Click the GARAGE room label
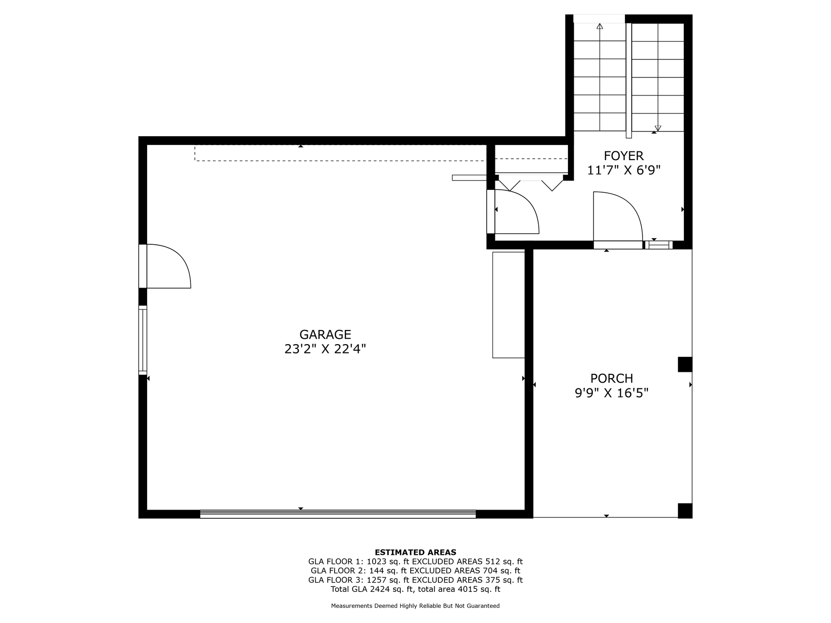(x=325, y=334)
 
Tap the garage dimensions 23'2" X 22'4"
(x=325, y=349)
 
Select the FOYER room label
(x=623, y=156)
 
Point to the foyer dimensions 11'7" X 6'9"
(x=623, y=170)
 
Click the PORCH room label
(x=611, y=378)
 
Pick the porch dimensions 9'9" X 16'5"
(x=611, y=393)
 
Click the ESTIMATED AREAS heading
(x=415, y=552)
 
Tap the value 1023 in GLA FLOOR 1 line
(x=377, y=562)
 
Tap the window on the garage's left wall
(x=143, y=340)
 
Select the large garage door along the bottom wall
(x=338, y=514)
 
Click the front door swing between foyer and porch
(x=618, y=217)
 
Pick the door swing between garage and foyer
(x=516, y=212)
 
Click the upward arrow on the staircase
(x=600, y=26)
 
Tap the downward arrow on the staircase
(x=658, y=128)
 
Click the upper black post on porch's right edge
(x=685, y=365)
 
